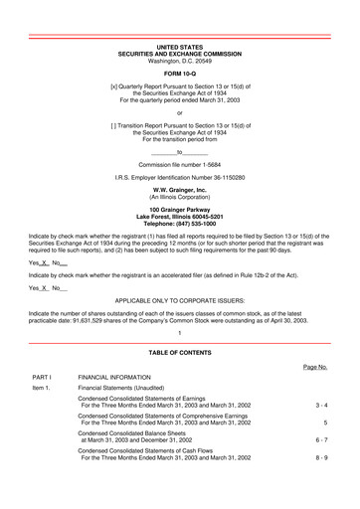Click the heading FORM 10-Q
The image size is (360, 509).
click(x=180, y=73)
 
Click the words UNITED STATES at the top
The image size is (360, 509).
click(x=180, y=47)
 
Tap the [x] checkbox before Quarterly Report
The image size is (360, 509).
click(x=114, y=86)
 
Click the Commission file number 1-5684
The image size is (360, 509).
click(x=180, y=165)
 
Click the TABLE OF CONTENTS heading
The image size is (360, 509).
click(x=180, y=353)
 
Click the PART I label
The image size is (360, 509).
click(x=42, y=378)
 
